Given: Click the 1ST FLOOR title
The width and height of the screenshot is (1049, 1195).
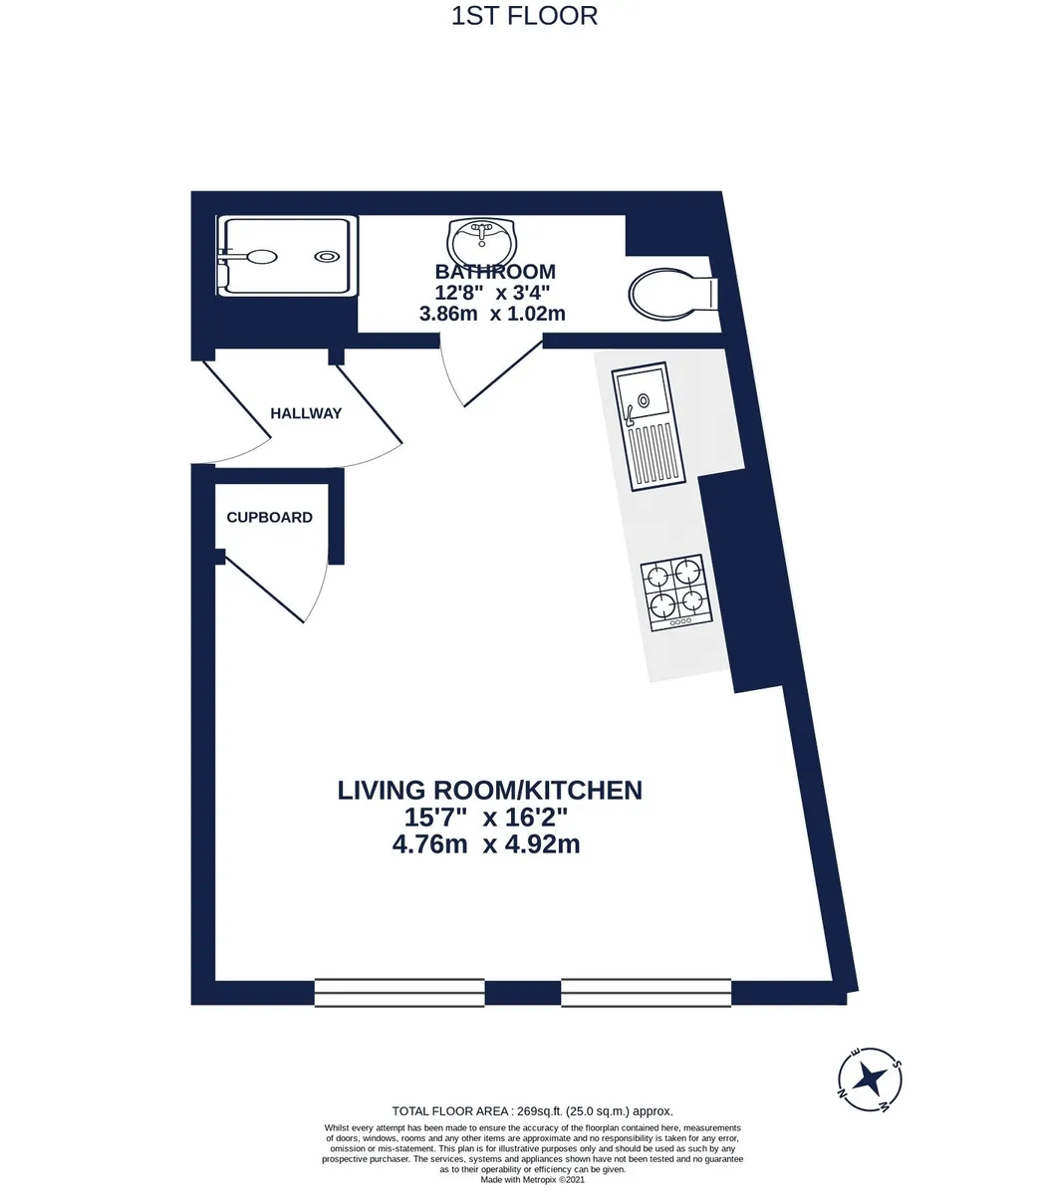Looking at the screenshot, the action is click(524, 17).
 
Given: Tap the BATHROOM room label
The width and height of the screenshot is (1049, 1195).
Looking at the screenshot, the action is click(495, 272).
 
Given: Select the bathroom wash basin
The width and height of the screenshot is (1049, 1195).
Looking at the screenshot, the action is click(481, 241).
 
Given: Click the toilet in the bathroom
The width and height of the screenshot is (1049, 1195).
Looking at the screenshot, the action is click(672, 293).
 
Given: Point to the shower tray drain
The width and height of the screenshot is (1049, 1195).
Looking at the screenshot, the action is click(327, 256).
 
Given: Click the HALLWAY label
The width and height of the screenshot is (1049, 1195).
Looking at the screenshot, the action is click(306, 413).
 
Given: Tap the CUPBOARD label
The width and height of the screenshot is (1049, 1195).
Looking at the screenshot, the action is click(269, 517).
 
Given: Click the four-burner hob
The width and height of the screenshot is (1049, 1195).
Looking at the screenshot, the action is click(676, 593).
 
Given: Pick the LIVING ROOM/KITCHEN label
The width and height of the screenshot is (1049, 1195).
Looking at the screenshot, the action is click(489, 791).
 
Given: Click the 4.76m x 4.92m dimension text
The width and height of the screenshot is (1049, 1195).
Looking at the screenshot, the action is click(486, 844).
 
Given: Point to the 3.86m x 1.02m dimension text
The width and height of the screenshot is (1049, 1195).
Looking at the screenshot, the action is click(492, 314).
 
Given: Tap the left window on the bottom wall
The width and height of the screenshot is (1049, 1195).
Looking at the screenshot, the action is click(398, 992).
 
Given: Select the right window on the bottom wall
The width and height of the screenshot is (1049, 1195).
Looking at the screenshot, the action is click(646, 992).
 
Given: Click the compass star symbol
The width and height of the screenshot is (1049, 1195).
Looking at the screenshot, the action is click(871, 1079).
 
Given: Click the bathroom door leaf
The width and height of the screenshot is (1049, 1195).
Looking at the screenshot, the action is click(503, 374).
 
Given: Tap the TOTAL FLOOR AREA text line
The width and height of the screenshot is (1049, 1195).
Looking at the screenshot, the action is click(532, 1111).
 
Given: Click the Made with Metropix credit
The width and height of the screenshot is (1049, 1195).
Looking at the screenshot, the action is click(532, 1180).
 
